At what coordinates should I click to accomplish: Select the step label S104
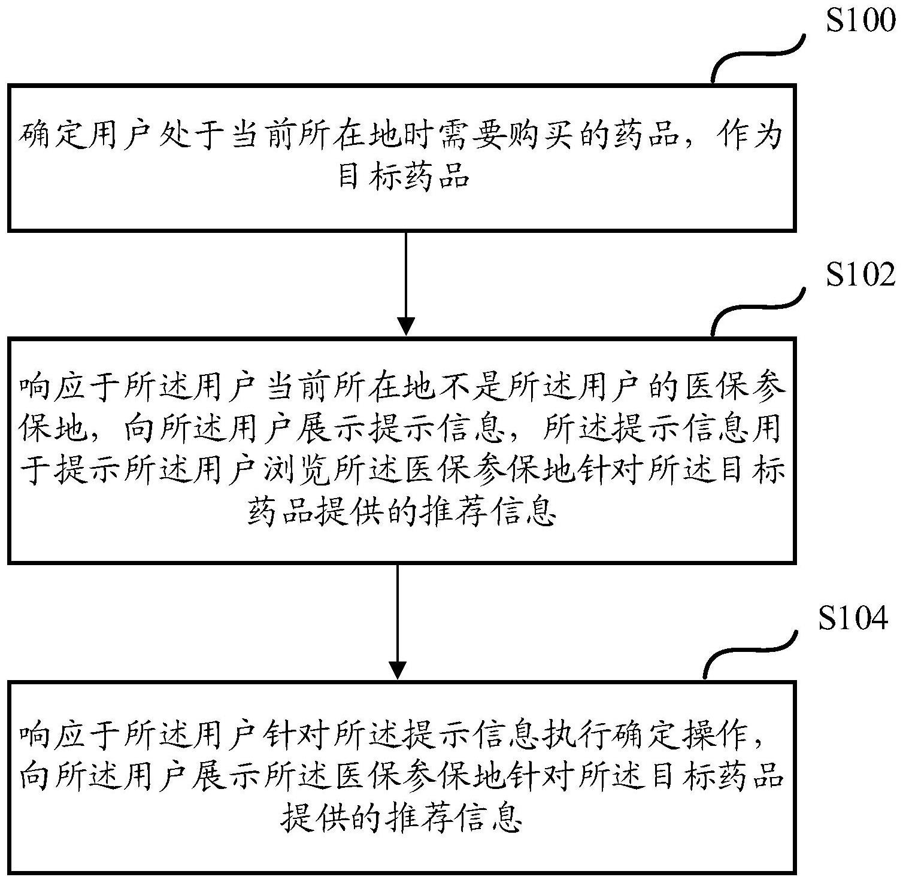pyautogui.click(x=853, y=619)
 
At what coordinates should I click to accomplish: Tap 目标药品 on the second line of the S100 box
pyautogui.click(x=403, y=177)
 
